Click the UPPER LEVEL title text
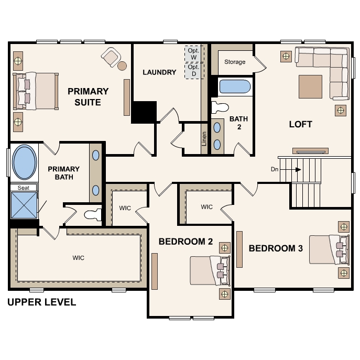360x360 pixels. pyautogui.click(x=41, y=302)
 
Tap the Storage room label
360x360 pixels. pyautogui.click(x=235, y=62)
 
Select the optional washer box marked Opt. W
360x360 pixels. pyautogui.click(x=194, y=54)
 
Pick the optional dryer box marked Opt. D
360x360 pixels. pyautogui.click(x=194, y=71)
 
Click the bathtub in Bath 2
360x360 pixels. pyautogui.click(x=235, y=87)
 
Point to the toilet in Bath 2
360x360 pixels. pyautogui.click(x=220, y=107)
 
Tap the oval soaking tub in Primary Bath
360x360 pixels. pyautogui.click(x=24, y=162)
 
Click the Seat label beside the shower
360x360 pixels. pyautogui.click(x=24, y=188)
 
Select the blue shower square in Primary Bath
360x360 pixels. pyautogui.click(x=24, y=205)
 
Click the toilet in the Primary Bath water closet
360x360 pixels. pyautogui.click(x=93, y=215)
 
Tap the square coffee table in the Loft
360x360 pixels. pyautogui.click(x=310, y=86)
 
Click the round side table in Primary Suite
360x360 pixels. pyautogui.click(x=122, y=66)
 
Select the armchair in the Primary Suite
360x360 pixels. pyautogui.click(x=111, y=57)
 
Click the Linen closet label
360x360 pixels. pyautogui.click(x=204, y=139)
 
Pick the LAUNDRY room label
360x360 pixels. pyautogui.click(x=159, y=72)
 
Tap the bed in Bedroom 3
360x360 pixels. pyautogui.click(x=329, y=249)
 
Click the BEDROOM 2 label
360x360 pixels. pyautogui.click(x=186, y=242)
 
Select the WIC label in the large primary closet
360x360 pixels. pyautogui.click(x=78, y=258)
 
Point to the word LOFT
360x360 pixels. pyautogui.click(x=301, y=124)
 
